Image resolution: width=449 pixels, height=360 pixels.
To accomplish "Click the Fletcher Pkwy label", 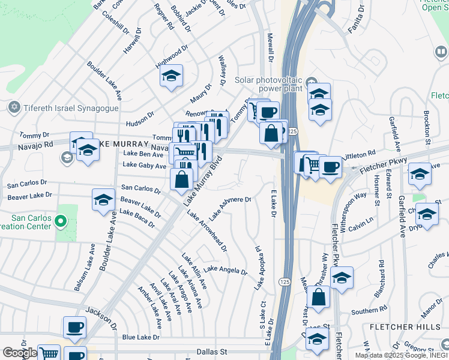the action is coord(384,166).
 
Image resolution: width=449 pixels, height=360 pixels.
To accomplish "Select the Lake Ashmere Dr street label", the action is coord(229,208).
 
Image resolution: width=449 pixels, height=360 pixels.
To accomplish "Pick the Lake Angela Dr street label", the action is coord(225,270).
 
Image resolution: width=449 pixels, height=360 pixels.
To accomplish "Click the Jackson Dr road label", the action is coord(101,311).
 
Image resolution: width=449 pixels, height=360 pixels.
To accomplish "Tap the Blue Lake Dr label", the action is coord(141,337).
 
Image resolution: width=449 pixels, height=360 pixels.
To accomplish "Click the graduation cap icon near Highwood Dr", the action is coord(171,76).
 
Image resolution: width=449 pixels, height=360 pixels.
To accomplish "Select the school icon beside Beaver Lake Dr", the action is coord(103,199).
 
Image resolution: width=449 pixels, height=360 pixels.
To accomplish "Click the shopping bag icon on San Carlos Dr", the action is coord(181,178).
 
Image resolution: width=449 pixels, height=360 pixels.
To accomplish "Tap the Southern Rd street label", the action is coord(369,310).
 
